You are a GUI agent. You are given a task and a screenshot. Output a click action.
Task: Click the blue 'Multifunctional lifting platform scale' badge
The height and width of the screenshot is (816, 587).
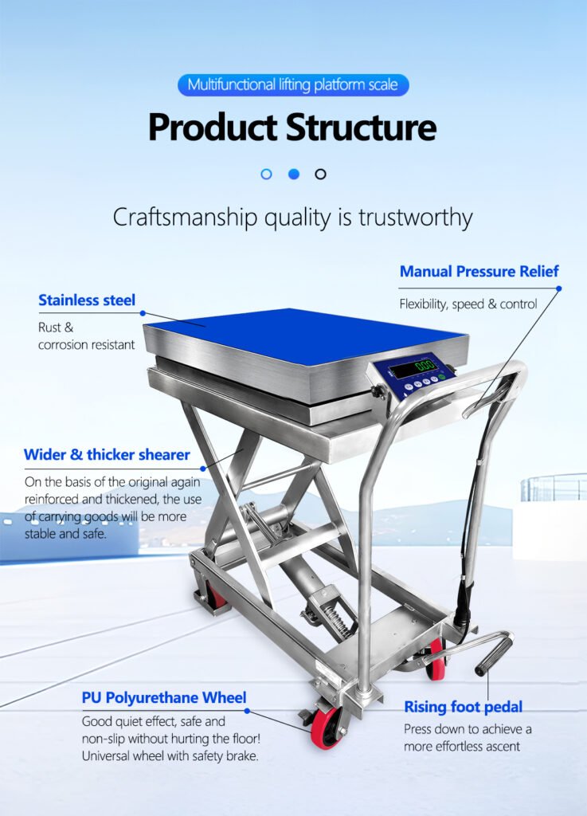[x=293, y=84]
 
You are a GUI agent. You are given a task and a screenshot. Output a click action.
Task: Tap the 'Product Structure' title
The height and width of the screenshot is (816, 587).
[x=292, y=127]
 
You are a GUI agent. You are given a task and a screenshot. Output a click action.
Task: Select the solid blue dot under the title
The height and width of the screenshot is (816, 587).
[x=293, y=174]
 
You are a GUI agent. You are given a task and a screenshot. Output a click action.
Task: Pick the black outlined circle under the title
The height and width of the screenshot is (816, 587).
[x=320, y=174]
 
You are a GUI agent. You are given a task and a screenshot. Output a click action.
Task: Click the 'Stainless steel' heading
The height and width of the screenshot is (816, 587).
[x=87, y=300]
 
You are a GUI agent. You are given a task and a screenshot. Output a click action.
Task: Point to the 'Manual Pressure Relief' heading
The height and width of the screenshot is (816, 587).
[x=479, y=271]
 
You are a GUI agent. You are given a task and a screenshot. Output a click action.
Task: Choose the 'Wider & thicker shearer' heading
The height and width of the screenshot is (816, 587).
[x=107, y=455]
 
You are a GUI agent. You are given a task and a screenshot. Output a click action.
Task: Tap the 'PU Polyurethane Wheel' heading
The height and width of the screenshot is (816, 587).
[x=163, y=698]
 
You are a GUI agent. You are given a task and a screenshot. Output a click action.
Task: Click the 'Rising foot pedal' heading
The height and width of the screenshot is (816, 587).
[x=463, y=706]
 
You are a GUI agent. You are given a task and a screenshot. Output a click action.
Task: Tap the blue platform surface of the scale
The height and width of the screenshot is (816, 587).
[x=303, y=335]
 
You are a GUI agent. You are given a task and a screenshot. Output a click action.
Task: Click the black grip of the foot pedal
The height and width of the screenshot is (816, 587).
[x=495, y=654]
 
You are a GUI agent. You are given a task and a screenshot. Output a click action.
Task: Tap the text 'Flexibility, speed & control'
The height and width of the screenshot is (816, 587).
[x=468, y=304]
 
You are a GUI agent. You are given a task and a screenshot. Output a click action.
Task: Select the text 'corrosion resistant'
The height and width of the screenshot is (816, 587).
[x=86, y=345]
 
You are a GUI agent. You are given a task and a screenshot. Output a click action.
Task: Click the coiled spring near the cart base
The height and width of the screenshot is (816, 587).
[x=335, y=622]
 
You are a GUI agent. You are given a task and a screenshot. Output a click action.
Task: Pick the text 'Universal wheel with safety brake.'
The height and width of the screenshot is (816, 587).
[x=170, y=755]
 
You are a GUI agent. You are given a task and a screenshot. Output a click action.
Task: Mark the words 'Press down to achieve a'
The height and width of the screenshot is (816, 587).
[x=468, y=729]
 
